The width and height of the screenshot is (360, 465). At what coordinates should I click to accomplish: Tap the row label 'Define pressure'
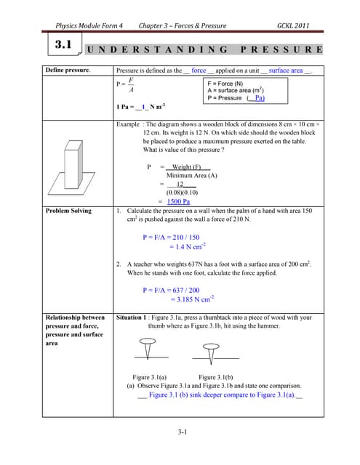tap(68, 70)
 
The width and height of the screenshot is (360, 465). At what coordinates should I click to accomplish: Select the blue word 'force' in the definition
tap(199, 70)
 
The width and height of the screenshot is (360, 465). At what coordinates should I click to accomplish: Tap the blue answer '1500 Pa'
tap(178, 201)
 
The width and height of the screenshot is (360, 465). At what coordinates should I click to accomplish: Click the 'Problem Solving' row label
tap(68, 211)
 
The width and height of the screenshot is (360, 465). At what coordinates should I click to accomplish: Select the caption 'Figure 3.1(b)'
tap(215, 376)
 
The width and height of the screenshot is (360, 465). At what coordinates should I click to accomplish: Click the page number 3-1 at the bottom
tap(183, 434)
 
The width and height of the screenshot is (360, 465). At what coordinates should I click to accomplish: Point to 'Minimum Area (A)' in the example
tap(192, 175)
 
